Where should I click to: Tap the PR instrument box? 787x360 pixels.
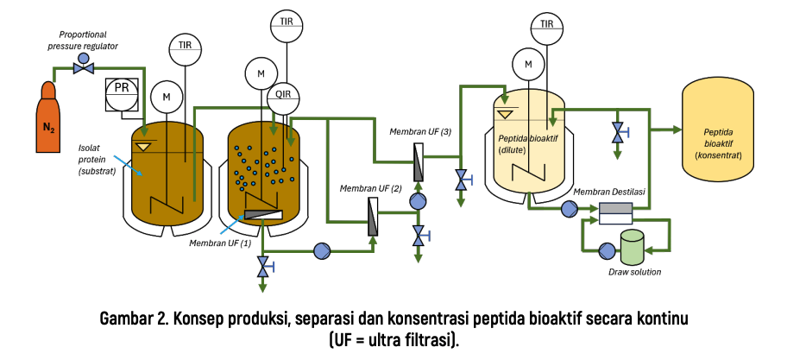point(122,94)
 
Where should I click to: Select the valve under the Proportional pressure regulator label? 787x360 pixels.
point(84,65)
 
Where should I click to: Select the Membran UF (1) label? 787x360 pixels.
point(219,243)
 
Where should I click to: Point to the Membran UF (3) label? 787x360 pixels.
point(420,132)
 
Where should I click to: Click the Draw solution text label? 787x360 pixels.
point(634,272)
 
